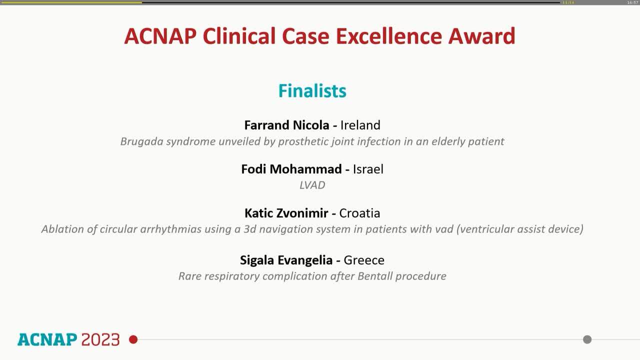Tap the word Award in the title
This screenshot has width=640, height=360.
click(x=481, y=36)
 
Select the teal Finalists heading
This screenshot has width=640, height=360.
click(x=312, y=91)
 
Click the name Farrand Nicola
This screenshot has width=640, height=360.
click(x=286, y=125)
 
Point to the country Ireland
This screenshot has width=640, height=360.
click(x=360, y=125)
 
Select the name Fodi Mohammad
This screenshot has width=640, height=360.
click(x=291, y=169)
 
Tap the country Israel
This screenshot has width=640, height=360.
click(x=368, y=169)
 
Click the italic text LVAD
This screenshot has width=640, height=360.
click(x=312, y=185)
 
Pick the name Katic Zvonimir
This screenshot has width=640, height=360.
click(x=286, y=213)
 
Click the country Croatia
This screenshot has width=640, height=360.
click(x=359, y=213)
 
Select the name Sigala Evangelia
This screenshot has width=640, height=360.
click(x=286, y=260)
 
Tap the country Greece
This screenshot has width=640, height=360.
click(x=364, y=260)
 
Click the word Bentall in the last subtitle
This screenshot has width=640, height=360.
click(x=375, y=276)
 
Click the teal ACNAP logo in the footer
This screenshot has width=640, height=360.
click(x=47, y=339)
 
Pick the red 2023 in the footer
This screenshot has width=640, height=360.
click(x=100, y=339)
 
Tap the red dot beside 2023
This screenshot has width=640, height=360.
click(x=133, y=339)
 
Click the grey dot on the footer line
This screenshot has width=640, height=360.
click(x=587, y=339)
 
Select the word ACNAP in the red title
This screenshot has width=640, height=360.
click(x=160, y=36)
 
